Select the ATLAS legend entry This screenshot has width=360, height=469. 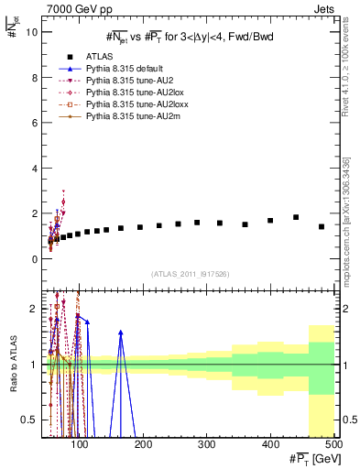point(98,57)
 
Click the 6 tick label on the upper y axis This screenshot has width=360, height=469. point(33,123)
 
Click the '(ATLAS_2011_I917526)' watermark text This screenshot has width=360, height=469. point(190,274)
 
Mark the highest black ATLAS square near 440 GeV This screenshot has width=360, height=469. point(296,217)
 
